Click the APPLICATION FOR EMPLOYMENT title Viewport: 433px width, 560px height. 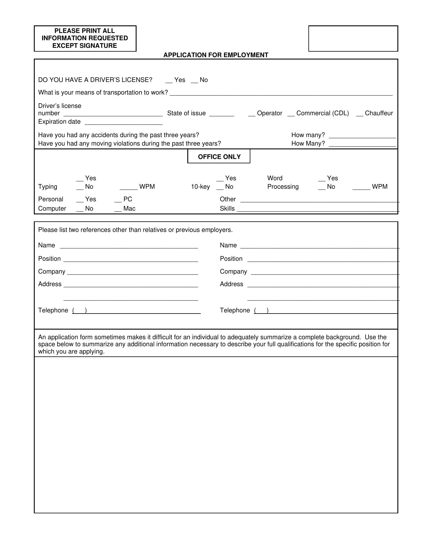[x=216, y=55]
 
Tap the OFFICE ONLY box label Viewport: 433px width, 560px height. [x=219, y=157]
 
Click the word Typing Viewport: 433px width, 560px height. [x=48, y=187]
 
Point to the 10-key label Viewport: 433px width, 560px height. [x=200, y=187]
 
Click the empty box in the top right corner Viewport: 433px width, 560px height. [x=353, y=38]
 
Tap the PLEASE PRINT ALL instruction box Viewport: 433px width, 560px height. [x=85, y=38]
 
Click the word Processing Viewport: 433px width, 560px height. [x=283, y=187]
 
